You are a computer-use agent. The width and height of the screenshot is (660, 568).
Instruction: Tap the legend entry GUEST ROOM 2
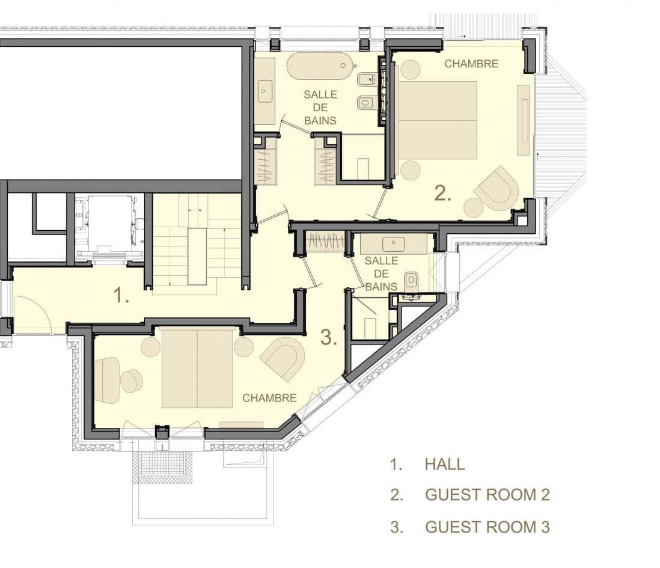click(x=487, y=495)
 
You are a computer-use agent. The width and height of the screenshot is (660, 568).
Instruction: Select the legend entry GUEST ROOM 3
click(x=487, y=527)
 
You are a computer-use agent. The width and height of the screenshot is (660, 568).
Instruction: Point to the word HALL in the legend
click(x=445, y=464)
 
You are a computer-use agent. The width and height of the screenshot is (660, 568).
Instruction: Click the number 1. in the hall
click(x=121, y=295)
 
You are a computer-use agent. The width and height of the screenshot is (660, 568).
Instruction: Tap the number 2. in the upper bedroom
click(x=443, y=193)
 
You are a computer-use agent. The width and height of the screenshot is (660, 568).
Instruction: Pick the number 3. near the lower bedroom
click(x=329, y=337)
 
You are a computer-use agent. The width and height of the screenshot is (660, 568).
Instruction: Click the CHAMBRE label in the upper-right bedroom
click(x=471, y=64)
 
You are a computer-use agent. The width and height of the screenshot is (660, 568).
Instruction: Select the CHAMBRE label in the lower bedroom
click(x=269, y=398)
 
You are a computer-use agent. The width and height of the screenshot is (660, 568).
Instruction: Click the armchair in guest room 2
click(x=497, y=188)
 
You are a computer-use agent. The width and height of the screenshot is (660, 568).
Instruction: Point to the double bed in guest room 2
click(x=438, y=120)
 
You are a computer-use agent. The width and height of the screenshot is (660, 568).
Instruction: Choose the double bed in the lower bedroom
click(x=197, y=369)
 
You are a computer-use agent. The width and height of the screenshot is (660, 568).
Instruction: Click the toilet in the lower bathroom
click(x=411, y=281)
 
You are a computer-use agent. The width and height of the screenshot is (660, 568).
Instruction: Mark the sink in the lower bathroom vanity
click(x=394, y=243)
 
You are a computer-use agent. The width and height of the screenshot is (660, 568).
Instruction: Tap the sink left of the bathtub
click(x=264, y=91)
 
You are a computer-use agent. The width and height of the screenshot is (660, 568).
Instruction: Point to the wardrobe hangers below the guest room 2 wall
click(x=326, y=242)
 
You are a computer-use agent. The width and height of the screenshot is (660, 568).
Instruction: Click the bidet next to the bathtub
click(x=366, y=79)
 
